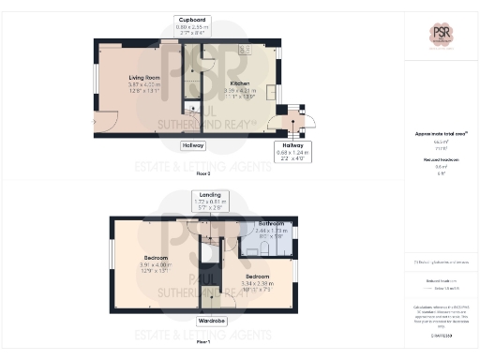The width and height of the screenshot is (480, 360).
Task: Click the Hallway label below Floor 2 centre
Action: (x=194, y=146)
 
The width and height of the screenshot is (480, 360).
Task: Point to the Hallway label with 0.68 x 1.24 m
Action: (x=289, y=151)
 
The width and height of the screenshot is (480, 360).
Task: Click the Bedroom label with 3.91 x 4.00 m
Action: (x=156, y=258)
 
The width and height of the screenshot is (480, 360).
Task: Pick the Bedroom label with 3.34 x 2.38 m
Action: (x=259, y=278)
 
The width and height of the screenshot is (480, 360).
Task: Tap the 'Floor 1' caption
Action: (x=202, y=342)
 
